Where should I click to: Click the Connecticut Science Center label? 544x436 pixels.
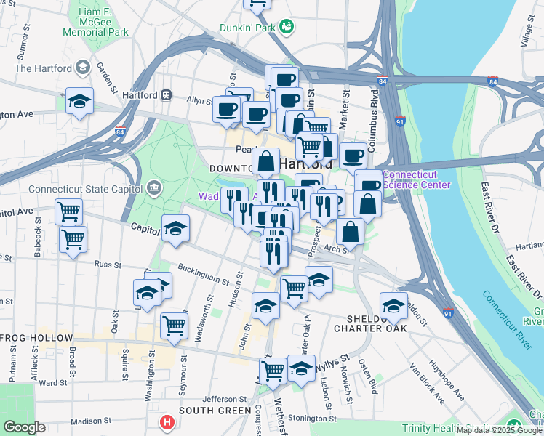pos(416,179)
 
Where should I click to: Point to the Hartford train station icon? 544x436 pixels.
pos(167,95)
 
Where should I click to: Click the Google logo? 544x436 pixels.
pos(24,427)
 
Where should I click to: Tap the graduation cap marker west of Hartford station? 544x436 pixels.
pos(79,102)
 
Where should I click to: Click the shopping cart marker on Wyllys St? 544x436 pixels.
pos(273,370)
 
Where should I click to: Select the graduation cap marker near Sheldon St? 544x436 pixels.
pos(393,305)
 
